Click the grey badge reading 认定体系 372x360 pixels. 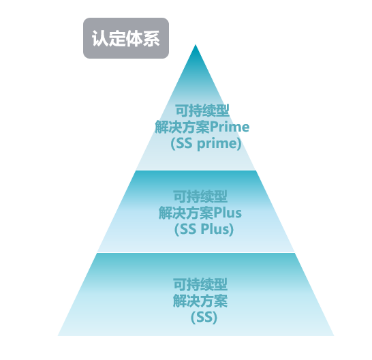pyautogui.click(x=126, y=38)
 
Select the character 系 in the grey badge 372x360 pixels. pyautogui.click(x=151, y=38)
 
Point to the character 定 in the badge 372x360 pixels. pyautogui.click(x=117, y=38)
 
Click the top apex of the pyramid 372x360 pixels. pyautogui.click(x=196, y=44)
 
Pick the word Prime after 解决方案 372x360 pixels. pyautogui.click(x=230, y=127)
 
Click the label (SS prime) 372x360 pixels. pyautogui.click(x=206, y=143)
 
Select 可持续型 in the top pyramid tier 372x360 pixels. pyautogui.click(x=202, y=110)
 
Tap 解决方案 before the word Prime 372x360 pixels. pyautogui.click(x=183, y=127)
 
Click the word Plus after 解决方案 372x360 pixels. pyautogui.click(x=228, y=213)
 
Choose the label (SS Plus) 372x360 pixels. pyautogui.click(x=204, y=229)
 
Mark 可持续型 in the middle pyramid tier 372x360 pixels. pyautogui.click(x=200, y=196)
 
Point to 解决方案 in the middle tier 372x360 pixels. pyautogui.click(x=186, y=213)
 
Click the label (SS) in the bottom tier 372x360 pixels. pyautogui.click(x=204, y=317)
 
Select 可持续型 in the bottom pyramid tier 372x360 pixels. pyautogui.click(x=200, y=284)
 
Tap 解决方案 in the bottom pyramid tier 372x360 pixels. pyautogui.click(x=200, y=301)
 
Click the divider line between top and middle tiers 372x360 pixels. pyautogui.click(x=196, y=170)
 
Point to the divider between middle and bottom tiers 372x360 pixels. pyautogui.click(x=196, y=252)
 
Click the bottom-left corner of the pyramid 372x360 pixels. pyautogui.click(x=58, y=335)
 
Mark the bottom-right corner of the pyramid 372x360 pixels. pyautogui.click(x=334, y=335)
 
